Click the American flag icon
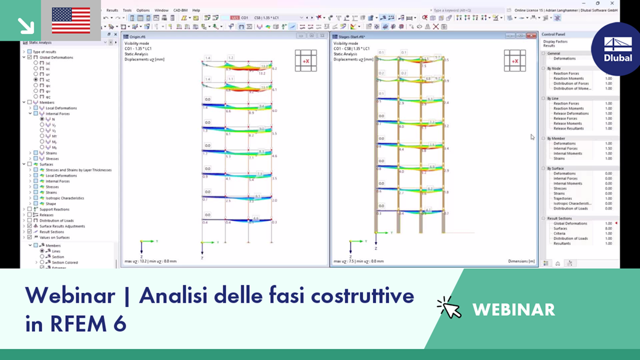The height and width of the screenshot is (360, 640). (x=71, y=20)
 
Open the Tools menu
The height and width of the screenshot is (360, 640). (x=127, y=10)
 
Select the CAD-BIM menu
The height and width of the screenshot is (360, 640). (x=180, y=10)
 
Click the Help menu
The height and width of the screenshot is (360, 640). (x=196, y=10)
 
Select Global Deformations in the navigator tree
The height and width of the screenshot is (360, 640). (x=57, y=57)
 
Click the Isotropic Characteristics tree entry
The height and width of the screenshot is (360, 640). (x=68, y=198)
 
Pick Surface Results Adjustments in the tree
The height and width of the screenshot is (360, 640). (x=62, y=226)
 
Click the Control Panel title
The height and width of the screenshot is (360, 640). (x=553, y=34)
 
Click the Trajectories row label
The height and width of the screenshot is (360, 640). (x=562, y=198)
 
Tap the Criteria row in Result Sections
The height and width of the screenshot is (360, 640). (x=559, y=233)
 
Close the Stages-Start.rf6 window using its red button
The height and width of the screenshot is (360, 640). (x=531, y=36)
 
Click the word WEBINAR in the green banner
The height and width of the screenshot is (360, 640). (x=513, y=309)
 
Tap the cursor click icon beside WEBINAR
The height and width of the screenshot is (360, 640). (x=449, y=308)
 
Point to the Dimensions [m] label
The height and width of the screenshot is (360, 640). (x=521, y=262)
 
